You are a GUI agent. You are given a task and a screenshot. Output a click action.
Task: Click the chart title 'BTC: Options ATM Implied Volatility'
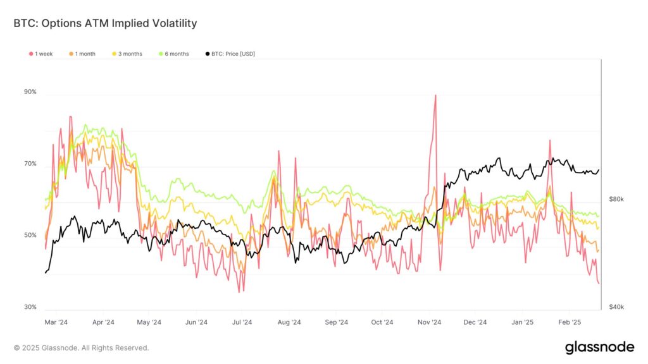pyautogui.click(x=105, y=23)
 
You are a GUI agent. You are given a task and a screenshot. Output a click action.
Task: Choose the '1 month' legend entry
pyautogui.click(x=82, y=54)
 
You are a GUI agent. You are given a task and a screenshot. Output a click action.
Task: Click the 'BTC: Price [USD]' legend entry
pyautogui.click(x=230, y=54)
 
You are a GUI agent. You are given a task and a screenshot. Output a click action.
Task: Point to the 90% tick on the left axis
pyautogui.click(x=30, y=92)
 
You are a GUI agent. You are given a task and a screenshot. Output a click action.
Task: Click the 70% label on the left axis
pyautogui.click(x=30, y=164)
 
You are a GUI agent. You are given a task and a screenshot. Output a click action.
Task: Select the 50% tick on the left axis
pyautogui.click(x=30, y=236)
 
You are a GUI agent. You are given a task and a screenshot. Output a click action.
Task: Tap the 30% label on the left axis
pyautogui.click(x=30, y=307)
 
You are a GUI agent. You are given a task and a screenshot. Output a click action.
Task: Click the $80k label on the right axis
pyautogui.click(x=616, y=199)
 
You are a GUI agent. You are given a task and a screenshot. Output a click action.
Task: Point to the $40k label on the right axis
pyautogui.click(x=616, y=307)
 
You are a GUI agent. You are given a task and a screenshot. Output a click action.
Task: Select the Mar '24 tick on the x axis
pyautogui.click(x=57, y=322)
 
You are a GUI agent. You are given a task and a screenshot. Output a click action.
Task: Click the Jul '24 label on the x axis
pyautogui.click(x=242, y=322)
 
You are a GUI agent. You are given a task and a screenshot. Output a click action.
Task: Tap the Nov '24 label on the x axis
pyautogui.click(x=429, y=322)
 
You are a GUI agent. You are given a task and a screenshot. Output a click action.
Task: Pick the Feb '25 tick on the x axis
pyautogui.click(x=569, y=322)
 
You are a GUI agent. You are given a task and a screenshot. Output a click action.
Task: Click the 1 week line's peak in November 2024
pyautogui.click(x=435, y=95)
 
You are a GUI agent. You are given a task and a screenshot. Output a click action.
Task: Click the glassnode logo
pyautogui.click(x=599, y=347)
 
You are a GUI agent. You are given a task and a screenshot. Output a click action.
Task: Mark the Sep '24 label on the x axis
pyautogui.click(x=336, y=322)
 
